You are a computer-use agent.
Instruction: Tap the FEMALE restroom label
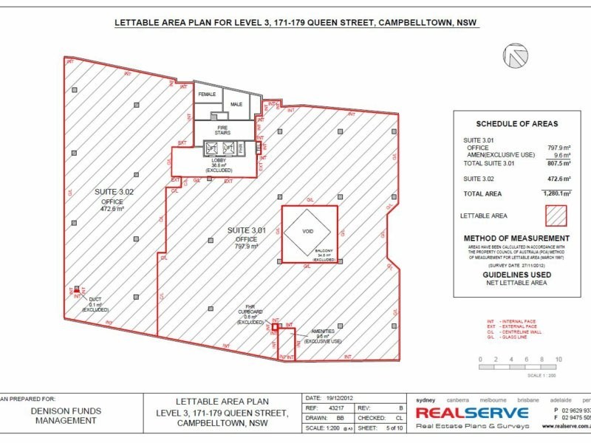[208, 95]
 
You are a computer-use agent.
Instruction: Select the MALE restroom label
[236, 104]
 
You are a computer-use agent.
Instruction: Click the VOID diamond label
[309, 231]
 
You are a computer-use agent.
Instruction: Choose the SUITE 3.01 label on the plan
[246, 231]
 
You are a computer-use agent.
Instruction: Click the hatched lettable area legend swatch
[556, 216]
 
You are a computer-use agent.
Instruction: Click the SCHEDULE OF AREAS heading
[516, 123]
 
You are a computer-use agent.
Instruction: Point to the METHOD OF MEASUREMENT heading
[516, 238]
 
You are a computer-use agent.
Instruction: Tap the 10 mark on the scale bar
[558, 360]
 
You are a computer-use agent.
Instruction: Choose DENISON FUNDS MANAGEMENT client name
[66, 415]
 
